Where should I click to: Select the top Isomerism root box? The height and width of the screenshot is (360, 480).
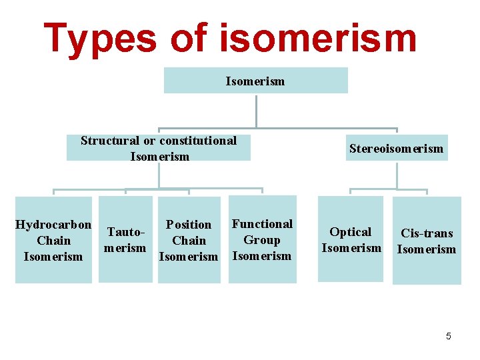tap(255, 81)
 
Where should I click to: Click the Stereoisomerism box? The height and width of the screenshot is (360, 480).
tap(396, 148)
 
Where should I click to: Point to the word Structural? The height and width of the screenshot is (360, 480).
tap(110, 140)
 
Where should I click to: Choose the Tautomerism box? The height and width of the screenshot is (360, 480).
tap(125, 239)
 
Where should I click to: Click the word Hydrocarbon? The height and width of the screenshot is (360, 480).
tap(53, 224)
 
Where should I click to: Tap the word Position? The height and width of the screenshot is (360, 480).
tap(189, 225)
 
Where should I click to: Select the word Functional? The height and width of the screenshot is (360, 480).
tap(262, 224)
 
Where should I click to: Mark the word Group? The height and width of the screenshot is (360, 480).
tap(262, 240)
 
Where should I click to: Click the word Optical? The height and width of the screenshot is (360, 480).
tap(351, 232)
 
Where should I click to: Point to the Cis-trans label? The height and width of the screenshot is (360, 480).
tap(427, 233)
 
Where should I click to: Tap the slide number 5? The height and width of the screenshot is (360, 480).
tap(449, 336)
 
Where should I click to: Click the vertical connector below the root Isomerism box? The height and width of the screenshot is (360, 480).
tap(256, 110)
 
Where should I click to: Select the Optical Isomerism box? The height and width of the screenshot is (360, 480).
tap(351, 239)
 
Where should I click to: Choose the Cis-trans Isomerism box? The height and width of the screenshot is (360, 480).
tap(427, 241)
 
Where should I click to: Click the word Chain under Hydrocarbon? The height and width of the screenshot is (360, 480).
tap(53, 240)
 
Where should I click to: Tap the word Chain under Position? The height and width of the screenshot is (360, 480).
tap(189, 241)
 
